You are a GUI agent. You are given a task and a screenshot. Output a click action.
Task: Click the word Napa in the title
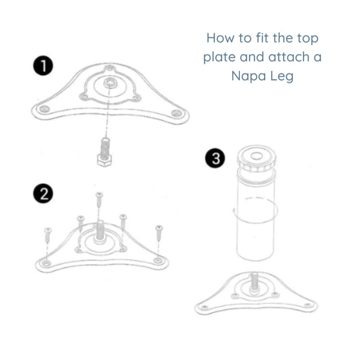250,76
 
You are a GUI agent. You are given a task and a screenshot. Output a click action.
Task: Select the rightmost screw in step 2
159,232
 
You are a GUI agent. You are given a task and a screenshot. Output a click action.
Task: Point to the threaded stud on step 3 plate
255,281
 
